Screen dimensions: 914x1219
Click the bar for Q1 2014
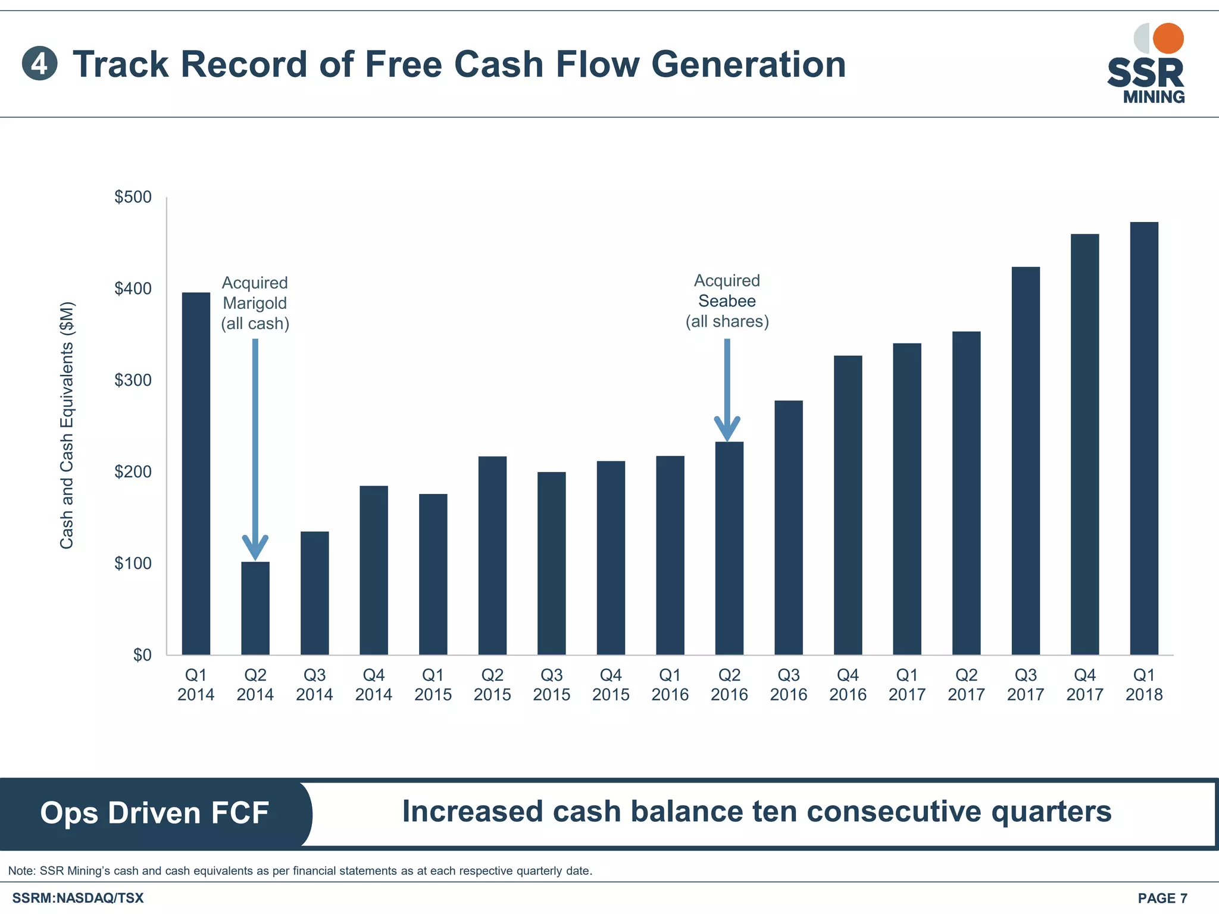(196, 473)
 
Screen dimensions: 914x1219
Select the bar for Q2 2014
(255, 608)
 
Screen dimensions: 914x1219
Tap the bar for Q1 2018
(1144, 438)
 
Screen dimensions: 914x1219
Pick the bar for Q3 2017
(1026, 461)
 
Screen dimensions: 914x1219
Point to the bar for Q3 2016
(789, 527)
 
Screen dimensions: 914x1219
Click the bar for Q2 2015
(492, 555)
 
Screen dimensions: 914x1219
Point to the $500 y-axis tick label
(133, 197)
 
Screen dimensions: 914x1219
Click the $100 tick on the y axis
(133, 563)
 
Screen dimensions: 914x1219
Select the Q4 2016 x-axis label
(848, 684)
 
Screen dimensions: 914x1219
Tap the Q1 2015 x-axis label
(433, 684)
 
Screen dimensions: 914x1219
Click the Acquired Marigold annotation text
(255, 303)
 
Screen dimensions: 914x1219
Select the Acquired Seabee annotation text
(727, 301)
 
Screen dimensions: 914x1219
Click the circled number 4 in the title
(39, 64)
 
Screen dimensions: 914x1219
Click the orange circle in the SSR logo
(1168, 39)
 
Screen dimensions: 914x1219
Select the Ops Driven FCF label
(154, 813)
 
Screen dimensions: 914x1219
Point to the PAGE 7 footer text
(1162, 898)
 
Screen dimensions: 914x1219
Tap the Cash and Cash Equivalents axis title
(67, 425)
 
